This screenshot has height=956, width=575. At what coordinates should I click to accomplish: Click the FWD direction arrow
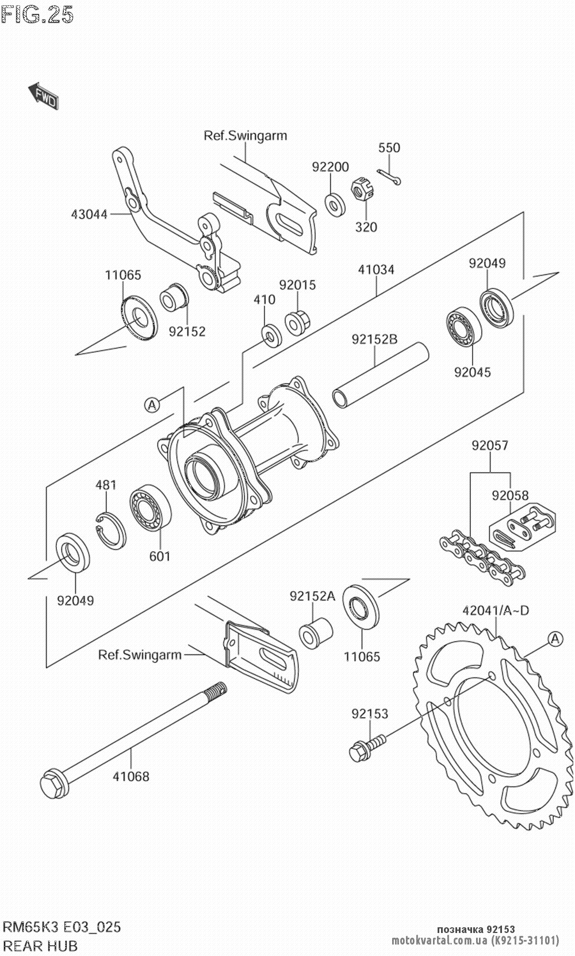point(43,95)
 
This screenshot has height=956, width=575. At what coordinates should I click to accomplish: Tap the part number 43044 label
point(89,214)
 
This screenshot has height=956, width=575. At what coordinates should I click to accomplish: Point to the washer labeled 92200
point(335,205)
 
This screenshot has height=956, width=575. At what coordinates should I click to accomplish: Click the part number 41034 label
point(376,269)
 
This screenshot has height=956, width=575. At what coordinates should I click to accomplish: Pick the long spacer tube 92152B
point(380,376)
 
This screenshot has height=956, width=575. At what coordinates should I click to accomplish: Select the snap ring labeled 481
point(110,530)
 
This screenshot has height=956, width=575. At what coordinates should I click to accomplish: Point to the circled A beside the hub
point(152,404)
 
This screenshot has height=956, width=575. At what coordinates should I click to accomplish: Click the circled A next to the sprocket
point(555,638)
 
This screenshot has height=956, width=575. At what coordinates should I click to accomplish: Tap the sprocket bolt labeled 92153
point(367,747)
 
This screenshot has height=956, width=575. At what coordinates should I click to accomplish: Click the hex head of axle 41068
point(54,784)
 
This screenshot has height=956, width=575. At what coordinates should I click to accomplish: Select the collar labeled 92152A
point(316,633)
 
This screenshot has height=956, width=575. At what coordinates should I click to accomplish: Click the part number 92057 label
point(490,445)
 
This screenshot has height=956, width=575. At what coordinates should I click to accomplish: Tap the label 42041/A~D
point(496,610)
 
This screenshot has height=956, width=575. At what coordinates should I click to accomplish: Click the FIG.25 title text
point(37,14)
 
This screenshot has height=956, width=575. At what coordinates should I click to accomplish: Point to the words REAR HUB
point(41,945)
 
